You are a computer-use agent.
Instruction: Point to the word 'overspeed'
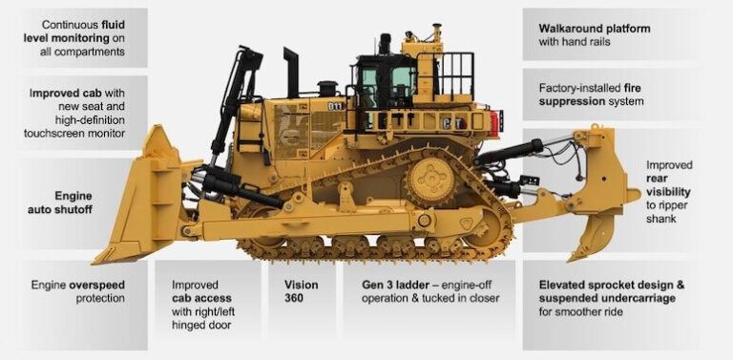point(98,285)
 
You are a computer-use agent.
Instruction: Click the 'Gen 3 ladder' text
point(398,285)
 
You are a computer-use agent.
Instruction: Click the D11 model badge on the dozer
point(335,106)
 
